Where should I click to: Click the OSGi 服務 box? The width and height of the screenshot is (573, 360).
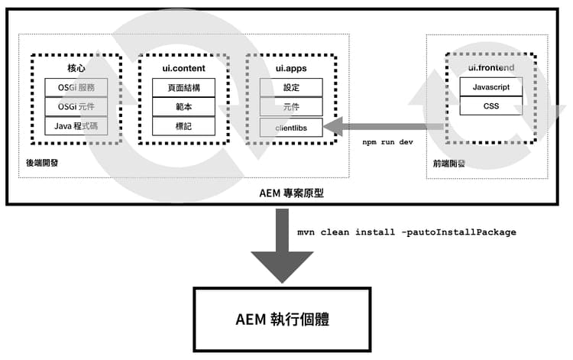(76, 87)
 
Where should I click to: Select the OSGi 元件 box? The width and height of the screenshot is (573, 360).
(76, 106)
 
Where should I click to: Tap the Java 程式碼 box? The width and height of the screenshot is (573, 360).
(76, 125)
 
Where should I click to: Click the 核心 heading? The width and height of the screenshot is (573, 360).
(76, 69)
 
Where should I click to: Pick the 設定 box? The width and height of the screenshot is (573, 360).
(291, 87)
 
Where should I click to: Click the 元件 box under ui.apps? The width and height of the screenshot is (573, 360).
(291, 106)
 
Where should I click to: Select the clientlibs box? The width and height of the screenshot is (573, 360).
(291, 127)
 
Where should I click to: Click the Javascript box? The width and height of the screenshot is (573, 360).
(490, 87)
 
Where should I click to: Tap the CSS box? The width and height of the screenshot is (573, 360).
(490, 106)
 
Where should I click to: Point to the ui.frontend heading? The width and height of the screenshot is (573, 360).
(490, 69)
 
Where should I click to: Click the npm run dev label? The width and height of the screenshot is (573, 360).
(387, 143)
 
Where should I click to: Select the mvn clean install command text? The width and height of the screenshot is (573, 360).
(406, 232)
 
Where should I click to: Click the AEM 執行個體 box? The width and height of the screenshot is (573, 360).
(282, 319)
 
